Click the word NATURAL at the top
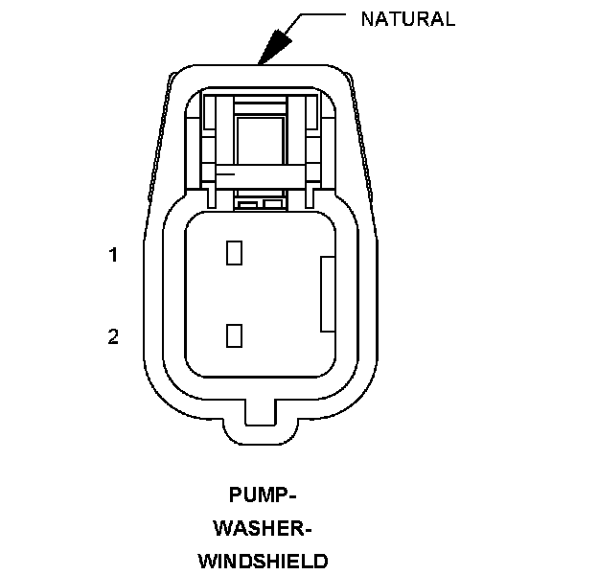click(407, 18)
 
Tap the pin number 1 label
click(113, 255)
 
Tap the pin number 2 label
click(113, 336)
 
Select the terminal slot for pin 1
click(233, 253)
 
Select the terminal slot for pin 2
click(233, 335)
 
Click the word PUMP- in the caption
click(264, 495)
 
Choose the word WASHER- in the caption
click(264, 528)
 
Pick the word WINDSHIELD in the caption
click(264, 561)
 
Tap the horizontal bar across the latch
click(262, 176)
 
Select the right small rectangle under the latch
click(272, 204)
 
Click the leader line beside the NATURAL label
click(326, 14)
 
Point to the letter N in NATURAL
click(367, 18)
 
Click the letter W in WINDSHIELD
click(208, 561)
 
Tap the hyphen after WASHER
click(310, 529)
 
